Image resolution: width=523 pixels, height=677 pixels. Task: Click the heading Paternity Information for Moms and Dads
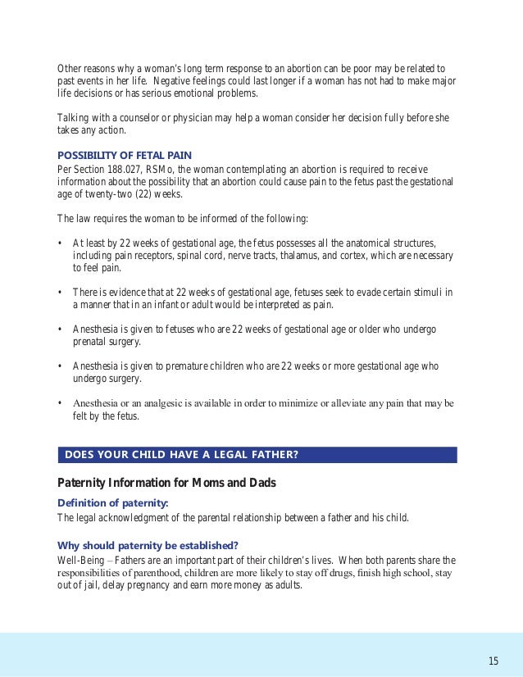166,483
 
